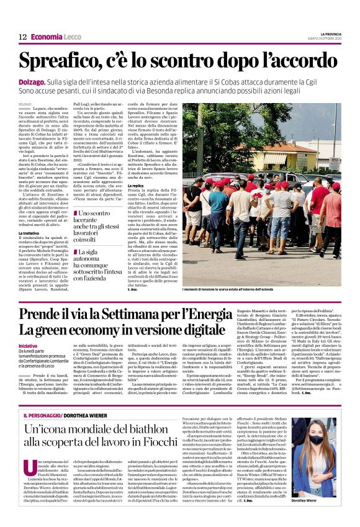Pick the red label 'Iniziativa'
point(28,345)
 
